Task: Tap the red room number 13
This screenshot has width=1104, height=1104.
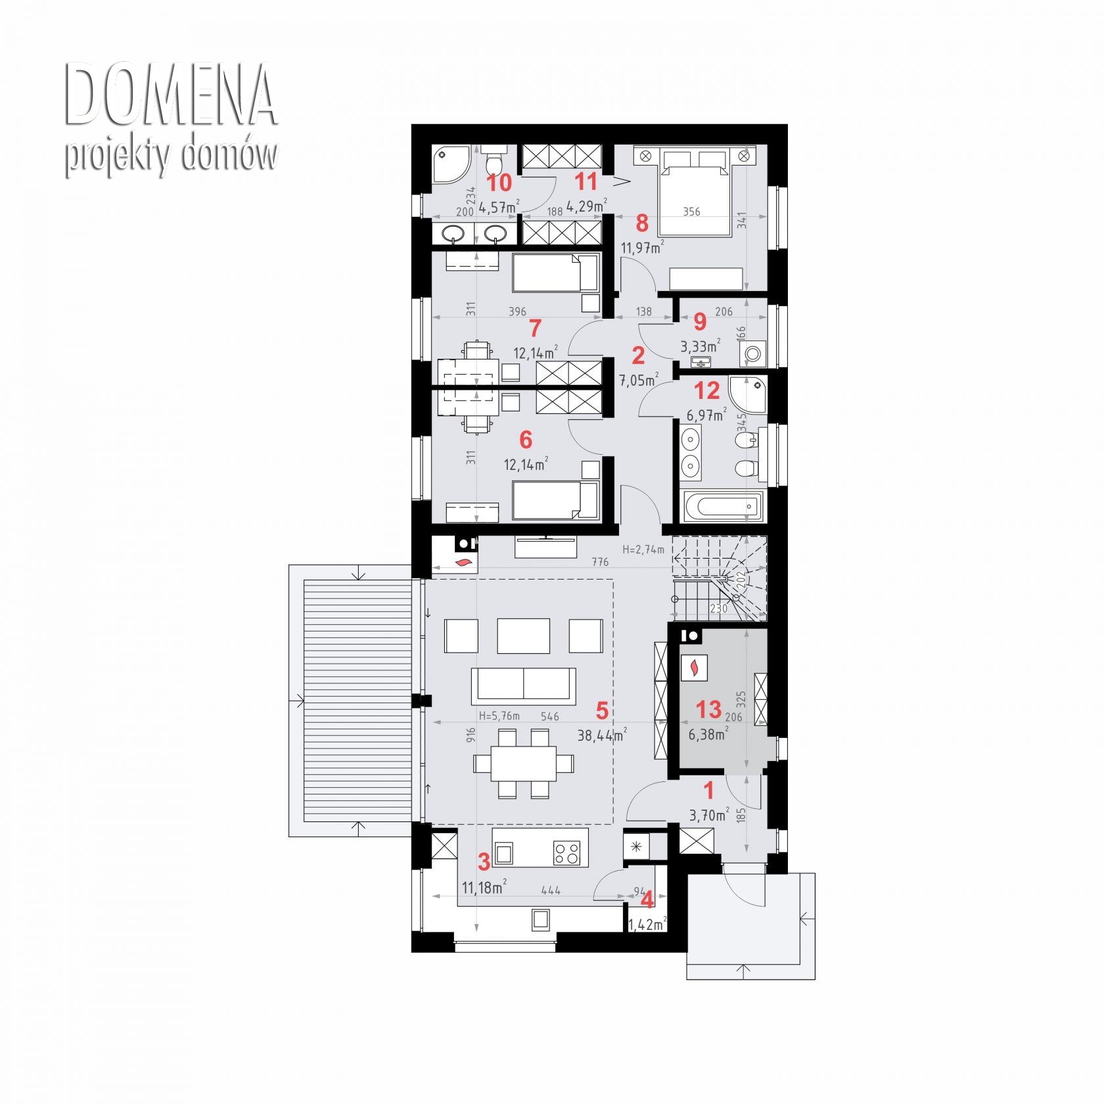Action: pyautogui.click(x=708, y=710)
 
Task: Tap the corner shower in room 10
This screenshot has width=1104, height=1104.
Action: pyautogui.click(x=451, y=164)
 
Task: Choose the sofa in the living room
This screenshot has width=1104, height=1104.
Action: pyautogui.click(x=523, y=685)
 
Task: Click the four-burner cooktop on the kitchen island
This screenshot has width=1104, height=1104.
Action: pyautogui.click(x=567, y=854)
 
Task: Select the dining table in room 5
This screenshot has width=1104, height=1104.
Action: pyautogui.click(x=523, y=763)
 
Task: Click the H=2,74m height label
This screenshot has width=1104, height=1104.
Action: pyautogui.click(x=643, y=549)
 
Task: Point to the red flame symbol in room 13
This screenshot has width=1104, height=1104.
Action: pyautogui.click(x=693, y=668)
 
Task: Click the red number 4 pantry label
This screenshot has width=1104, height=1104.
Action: pyautogui.click(x=647, y=900)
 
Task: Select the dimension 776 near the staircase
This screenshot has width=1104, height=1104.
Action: pyautogui.click(x=600, y=562)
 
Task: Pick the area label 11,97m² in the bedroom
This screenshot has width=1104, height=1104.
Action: pyautogui.click(x=643, y=248)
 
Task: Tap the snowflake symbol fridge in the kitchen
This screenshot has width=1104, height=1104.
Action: pyautogui.click(x=636, y=847)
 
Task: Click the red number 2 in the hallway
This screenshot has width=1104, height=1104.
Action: pyautogui.click(x=638, y=356)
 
